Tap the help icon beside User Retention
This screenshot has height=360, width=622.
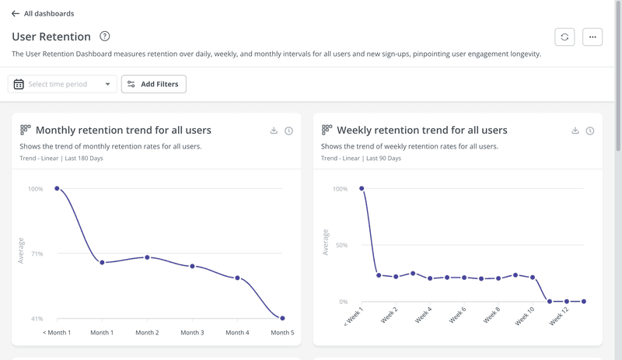click(x=105, y=37)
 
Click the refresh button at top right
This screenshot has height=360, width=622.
click(x=564, y=37)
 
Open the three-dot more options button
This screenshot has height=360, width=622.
click(x=592, y=37)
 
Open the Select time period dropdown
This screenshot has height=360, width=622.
click(x=62, y=84)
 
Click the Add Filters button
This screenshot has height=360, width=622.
click(x=154, y=84)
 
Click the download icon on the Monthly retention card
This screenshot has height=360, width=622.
click(x=274, y=131)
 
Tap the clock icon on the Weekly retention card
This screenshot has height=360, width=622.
click(x=590, y=131)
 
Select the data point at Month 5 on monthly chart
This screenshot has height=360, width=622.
click(x=282, y=318)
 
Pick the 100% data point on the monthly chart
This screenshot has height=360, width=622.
click(x=57, y=188)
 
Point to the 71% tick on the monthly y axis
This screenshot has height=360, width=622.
click(x=36, y=253)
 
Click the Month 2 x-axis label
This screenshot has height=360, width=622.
click(x=147, y=333)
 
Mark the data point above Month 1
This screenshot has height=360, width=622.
click(x=102, y=262)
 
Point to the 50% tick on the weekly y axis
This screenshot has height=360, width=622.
click(x=340, y=245)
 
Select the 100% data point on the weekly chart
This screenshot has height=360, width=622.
click(x=362, y=188)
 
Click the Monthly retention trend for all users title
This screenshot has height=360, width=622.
click(x=123, y=131)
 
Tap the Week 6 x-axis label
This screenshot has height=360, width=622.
click(x=457, y=316)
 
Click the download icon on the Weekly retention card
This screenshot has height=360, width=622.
click(x=575, y=131)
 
